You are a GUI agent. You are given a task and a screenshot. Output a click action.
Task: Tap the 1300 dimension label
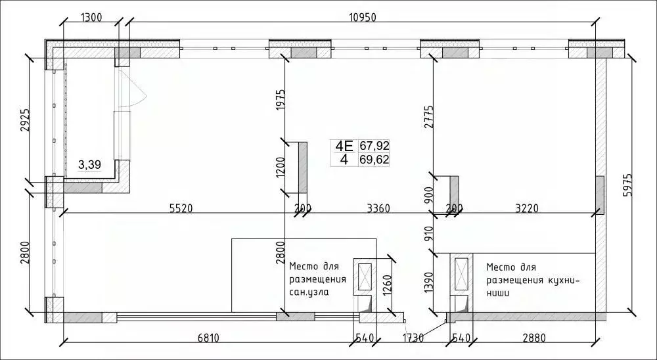[x=91, y=18]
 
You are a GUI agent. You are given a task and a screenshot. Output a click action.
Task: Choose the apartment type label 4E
[x=344, y=146]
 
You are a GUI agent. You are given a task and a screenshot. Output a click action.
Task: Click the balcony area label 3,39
[x=89, y=165]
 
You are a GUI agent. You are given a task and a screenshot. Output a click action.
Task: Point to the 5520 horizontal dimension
[x=181, y=208]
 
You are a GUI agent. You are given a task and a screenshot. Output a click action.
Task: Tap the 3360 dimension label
[x=378, y=208]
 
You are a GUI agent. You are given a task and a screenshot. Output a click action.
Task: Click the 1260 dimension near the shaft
[x=387, y=287]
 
